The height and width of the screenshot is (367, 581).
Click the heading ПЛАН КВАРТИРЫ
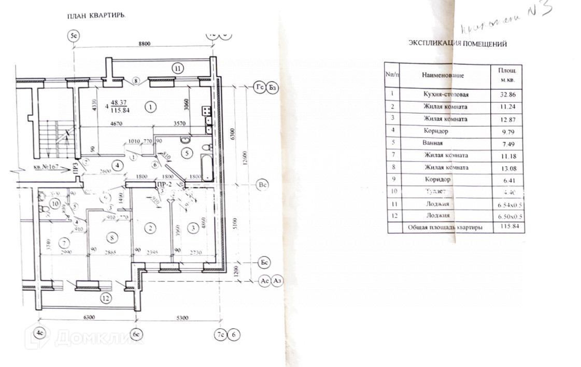coord(96,16)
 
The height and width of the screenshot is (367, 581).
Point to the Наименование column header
coord(443,75)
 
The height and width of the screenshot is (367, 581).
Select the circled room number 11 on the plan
coord(178,68)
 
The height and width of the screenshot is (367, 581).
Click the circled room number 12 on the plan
coord(106,298)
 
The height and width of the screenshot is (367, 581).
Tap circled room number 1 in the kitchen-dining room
coord(150,107)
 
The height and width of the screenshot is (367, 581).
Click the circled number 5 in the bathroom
coord(188,153)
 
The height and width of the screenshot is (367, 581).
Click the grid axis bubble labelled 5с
coord(75,36)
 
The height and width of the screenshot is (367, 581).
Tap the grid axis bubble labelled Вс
coord(262,184)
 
